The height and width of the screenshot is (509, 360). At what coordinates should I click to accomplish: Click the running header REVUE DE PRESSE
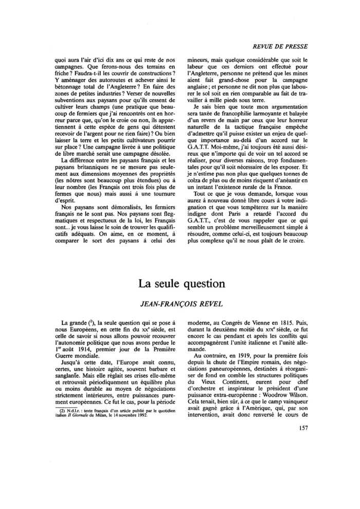278,46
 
